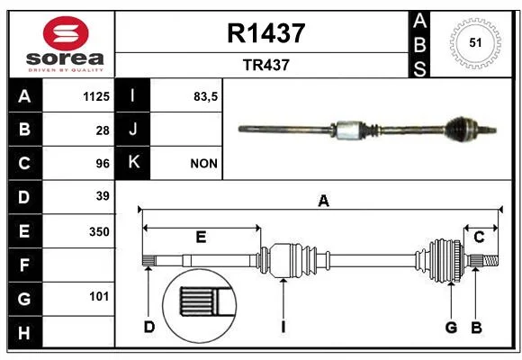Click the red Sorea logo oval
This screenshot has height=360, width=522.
[x=66, y=33]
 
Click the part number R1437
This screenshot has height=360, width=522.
[x=266, y=33]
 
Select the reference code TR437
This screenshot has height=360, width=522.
[x=266, y=65]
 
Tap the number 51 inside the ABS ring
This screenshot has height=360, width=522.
[x=475, y=42]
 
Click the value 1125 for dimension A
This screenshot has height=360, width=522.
[x=96, y=96]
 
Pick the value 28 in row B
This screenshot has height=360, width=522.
[x=103, y=130]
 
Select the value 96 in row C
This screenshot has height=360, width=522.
[x=103, y=164]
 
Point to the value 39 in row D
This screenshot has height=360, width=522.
[x=103, y=196]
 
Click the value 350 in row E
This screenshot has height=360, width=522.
[x=99, y=231]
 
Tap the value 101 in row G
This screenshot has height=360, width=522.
[x=99, y=296]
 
